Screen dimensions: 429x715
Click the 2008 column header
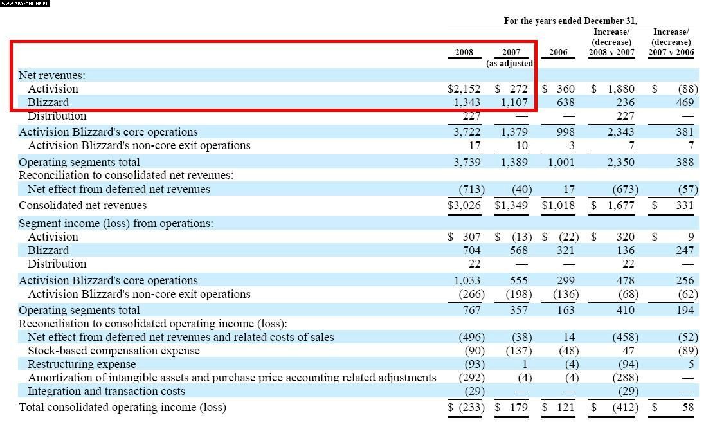coord(464,52)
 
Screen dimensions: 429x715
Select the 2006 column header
coord(558,52)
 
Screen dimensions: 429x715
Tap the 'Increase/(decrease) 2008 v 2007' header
coord(611,42)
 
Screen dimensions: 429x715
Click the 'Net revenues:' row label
coord(51,75)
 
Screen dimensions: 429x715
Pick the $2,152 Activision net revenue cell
coord(464,89)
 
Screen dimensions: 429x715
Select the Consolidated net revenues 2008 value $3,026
coord(464,205)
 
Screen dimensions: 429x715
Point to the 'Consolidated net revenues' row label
coord(82,205)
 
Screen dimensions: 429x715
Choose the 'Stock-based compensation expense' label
coord(114,351)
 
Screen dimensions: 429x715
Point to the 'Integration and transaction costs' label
coord(106,391)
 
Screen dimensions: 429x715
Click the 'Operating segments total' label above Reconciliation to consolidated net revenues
coord(79,162)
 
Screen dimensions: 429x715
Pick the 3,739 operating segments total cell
coord(467,162)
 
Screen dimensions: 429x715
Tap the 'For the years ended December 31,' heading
coord(570,21)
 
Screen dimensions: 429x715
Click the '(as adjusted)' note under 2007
coord(510,63)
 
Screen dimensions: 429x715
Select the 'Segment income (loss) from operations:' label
coord(116,223)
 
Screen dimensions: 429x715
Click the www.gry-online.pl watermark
coord(25,3)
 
